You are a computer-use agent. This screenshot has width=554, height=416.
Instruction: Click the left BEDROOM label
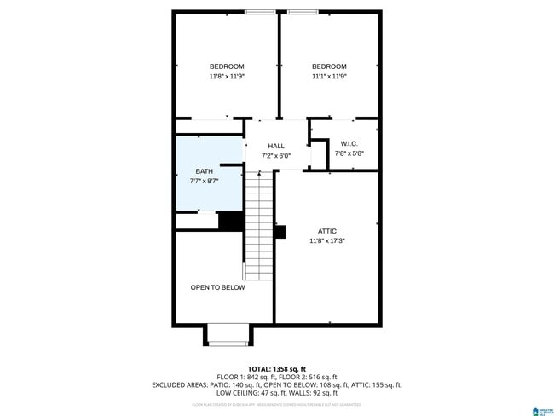pos(227,66)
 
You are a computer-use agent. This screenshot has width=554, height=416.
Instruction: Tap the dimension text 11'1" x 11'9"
pos(328,77)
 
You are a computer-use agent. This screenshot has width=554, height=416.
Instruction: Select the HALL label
pos(276,146)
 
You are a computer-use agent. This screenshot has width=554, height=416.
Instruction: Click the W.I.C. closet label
pos(349,142)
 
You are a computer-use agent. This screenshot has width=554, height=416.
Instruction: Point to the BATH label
pos(205,171)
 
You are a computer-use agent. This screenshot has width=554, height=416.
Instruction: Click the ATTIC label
pos(327,231)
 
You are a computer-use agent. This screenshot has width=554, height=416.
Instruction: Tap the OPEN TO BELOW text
pos(217,287)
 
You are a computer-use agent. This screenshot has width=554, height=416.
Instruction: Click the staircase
pos(258,225)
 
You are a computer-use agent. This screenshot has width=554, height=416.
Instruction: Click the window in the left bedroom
pos(259,12)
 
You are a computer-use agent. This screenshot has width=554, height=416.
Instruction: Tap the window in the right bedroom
pos(302,12)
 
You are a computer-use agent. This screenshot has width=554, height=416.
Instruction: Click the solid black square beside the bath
pos(231,221)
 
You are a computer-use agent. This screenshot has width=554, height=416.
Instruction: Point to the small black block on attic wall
pos(280,231)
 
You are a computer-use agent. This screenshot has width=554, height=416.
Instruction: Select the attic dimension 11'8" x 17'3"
pos(327,241)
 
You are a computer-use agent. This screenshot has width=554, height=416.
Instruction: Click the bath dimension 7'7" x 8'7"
pos(205,182)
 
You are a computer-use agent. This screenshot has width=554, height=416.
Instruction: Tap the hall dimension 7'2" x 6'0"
pos(276,156)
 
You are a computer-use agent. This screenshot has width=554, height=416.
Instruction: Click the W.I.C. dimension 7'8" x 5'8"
pos(349,153)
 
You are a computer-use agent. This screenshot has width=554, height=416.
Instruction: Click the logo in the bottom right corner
pos(539,409)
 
